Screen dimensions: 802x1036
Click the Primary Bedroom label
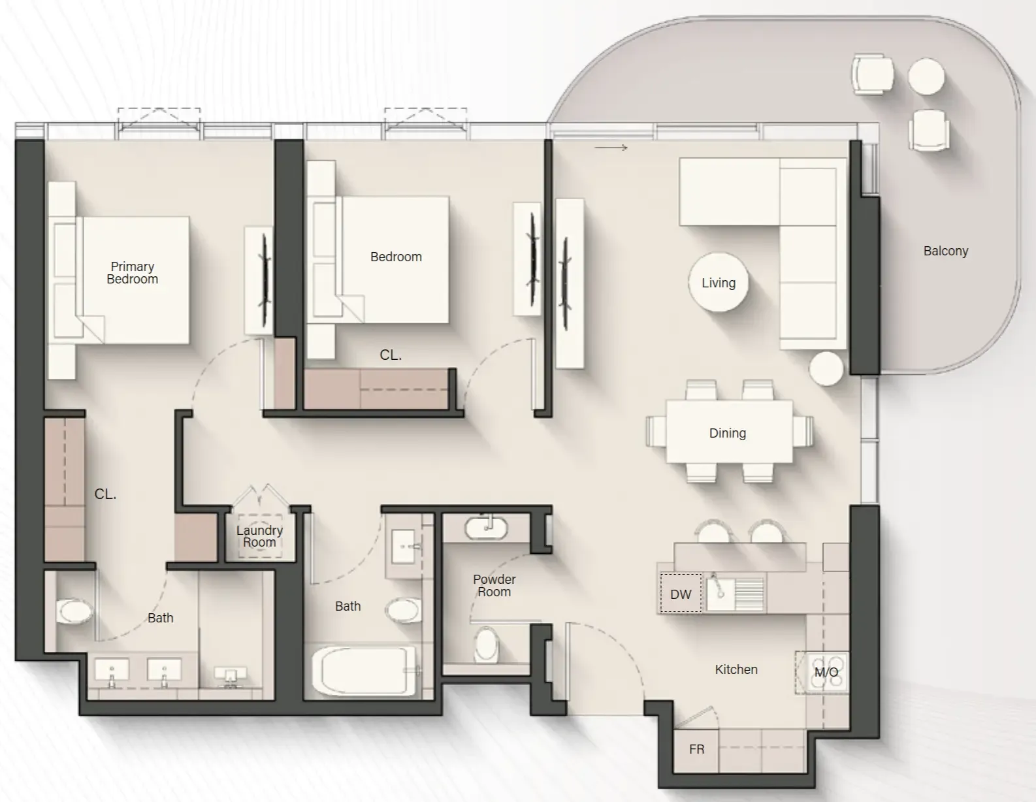click(x=133, y=273)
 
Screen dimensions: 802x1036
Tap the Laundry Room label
click(x=259, y=537)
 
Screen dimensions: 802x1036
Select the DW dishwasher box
click(x=681, y=594)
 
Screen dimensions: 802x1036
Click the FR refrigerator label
click(x=696, y=749)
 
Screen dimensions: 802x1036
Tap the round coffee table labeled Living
click(x=719, y=283)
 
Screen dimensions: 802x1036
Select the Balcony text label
click(x=945, y=251)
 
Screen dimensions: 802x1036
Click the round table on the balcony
click(x=926, y=76)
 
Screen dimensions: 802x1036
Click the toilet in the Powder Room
click(x=485, y=645)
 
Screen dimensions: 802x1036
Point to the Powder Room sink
click(x=487, y=528)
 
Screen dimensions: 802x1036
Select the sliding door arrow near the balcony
click(x=611, y=148)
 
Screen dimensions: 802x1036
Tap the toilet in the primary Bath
click(x=74, y=612)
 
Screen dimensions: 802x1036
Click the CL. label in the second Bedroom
click(x=391, y=355)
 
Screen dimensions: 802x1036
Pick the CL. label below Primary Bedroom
click(x=105, y=494)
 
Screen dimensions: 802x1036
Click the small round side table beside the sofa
click(x=826, y=368)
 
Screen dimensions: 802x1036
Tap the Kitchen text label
click(x=736, y=669)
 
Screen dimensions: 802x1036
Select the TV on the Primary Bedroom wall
click(x=265, y=281)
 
